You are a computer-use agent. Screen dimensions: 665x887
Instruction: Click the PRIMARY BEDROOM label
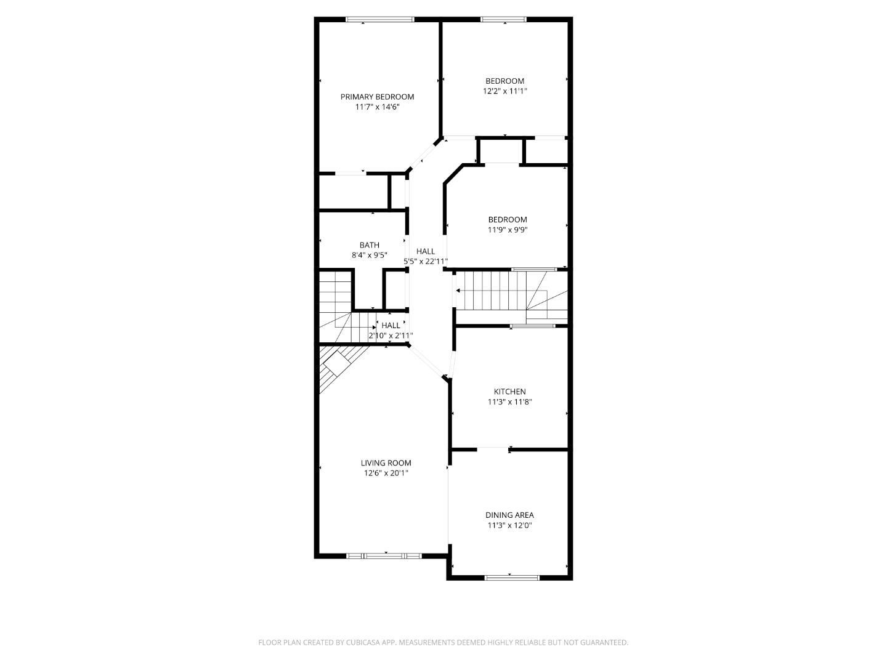pos(377,97)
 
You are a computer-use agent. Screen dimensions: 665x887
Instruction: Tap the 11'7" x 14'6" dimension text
pos(377,107)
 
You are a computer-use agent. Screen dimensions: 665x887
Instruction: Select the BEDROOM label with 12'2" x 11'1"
pos(504,81)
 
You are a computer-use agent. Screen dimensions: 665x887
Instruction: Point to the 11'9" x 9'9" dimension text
pos(508,230)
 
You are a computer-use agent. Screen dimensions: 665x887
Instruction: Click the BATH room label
pos(370,245)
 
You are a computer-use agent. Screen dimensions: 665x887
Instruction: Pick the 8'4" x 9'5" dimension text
pos(370,255)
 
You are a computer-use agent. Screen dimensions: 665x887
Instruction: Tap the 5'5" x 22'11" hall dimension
pos(425,261)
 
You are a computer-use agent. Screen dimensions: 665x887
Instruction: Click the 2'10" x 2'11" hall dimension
pos(391,336)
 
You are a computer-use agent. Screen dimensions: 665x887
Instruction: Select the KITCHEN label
pos(509,392)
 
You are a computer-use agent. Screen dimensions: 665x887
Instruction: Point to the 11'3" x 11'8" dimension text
pos(509,402)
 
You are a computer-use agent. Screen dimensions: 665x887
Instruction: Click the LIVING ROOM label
pos(386,463)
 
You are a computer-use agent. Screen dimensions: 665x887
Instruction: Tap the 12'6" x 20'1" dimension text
pos(386,474)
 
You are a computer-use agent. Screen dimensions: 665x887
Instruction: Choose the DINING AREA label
pos(509,515)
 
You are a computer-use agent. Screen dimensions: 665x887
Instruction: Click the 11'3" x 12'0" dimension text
pos(509,526)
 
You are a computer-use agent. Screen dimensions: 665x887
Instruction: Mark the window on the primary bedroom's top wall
pos(379,20)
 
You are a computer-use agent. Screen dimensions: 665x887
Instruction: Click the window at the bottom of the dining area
pos(512,578)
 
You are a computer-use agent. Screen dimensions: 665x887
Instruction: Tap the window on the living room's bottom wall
pos(384,556)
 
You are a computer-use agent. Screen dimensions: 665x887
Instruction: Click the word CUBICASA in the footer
pos(363,642)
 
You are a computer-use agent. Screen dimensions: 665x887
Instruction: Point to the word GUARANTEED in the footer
pos(604,642)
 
